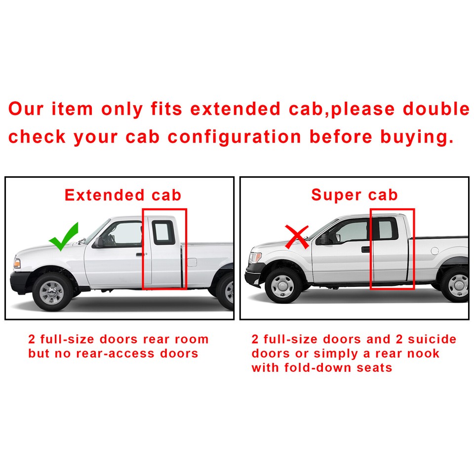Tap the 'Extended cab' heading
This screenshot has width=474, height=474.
(x=123, y=195)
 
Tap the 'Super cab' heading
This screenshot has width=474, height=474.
(x=354, y=195)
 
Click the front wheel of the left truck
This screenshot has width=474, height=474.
(x=51, y=291)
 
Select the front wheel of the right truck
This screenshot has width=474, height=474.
(x=283, y=285)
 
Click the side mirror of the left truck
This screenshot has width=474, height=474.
(x=100, y=241)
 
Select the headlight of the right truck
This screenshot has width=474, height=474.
(x=256, y=257)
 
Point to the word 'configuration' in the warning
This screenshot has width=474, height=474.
(x=234, y=137)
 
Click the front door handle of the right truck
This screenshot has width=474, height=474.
(x=365, y=249)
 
